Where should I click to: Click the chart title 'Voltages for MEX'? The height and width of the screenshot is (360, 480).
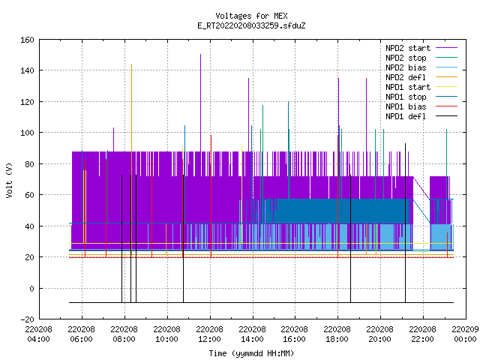point(251,16)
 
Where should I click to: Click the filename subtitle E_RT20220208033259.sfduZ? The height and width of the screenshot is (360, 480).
point(251,25)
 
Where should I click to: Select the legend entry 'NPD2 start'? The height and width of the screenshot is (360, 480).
point(408,48)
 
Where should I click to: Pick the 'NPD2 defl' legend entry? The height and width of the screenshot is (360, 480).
point(406,77)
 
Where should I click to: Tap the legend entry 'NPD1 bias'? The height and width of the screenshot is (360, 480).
point(406,106)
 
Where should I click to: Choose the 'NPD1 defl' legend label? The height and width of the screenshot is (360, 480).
point(406,116)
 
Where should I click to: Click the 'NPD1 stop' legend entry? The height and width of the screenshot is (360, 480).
point(406,97)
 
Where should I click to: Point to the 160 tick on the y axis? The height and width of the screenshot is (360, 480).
point(27,40)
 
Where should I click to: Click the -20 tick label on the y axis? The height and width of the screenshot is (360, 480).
point(27,319)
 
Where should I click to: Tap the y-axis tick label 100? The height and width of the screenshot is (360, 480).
point(27,133)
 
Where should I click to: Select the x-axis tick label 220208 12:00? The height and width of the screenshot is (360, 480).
point(210,334)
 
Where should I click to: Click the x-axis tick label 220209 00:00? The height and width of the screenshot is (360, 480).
point(465,334)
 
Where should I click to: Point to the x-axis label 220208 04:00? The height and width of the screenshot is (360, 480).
point(38,334)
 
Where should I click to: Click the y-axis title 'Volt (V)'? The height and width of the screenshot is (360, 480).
point(9,180)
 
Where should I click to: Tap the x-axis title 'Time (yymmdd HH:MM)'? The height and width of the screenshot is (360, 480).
point(251,353)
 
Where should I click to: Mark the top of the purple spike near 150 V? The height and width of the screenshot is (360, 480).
point(200,55)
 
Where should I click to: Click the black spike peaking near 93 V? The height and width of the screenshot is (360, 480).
point(405,223)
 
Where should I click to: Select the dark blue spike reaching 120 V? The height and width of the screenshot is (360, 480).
point(288,150)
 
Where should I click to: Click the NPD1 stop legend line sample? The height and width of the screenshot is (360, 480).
point(446,97)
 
